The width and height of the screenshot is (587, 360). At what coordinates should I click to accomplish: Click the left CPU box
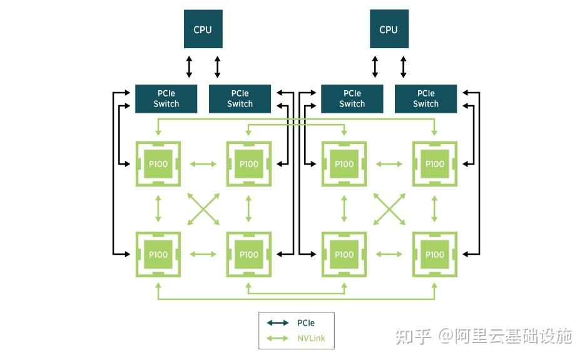click(203, 29)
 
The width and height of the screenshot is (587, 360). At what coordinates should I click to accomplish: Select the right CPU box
click(389, 29)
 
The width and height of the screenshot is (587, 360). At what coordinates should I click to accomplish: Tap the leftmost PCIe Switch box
click(166, 99)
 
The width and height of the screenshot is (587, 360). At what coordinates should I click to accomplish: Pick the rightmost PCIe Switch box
click(426, 99)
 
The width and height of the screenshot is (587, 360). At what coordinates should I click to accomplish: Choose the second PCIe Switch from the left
click(240, 99)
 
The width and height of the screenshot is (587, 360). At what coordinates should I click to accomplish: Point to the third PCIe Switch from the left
click(352, 99)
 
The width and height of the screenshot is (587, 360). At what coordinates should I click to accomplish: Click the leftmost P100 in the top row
click(158, 164)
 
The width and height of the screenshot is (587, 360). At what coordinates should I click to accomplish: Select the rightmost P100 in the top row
click(434, 164)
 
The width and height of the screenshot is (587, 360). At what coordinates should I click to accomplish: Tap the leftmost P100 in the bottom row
click(158, 254)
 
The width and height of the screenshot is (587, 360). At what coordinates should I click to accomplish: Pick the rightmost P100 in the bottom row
click(434, 254)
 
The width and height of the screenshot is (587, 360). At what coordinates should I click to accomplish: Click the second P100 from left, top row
click(248, 164)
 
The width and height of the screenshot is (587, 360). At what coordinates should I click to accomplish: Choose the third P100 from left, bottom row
click(344, 254)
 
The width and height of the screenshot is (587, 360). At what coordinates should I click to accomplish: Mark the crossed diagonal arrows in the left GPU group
click(203, 209)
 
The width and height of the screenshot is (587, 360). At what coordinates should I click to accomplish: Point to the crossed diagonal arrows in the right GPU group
click(389, 209)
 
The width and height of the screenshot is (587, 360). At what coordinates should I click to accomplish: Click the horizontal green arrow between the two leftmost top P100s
click(203, 164)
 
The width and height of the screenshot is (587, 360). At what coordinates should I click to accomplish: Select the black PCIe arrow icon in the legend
click(278, 323)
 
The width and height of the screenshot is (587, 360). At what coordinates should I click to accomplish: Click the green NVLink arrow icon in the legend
click(278, 339)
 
